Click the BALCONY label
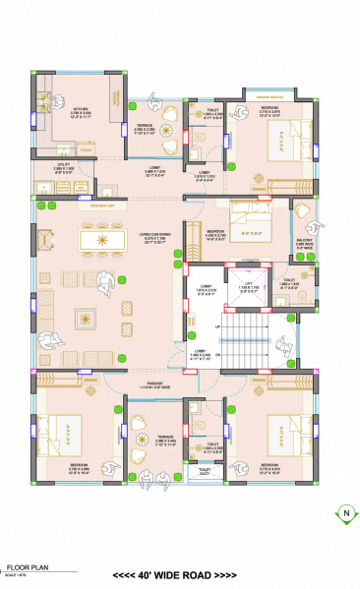[x=305, y=241]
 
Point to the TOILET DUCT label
[x=205, y=472]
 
